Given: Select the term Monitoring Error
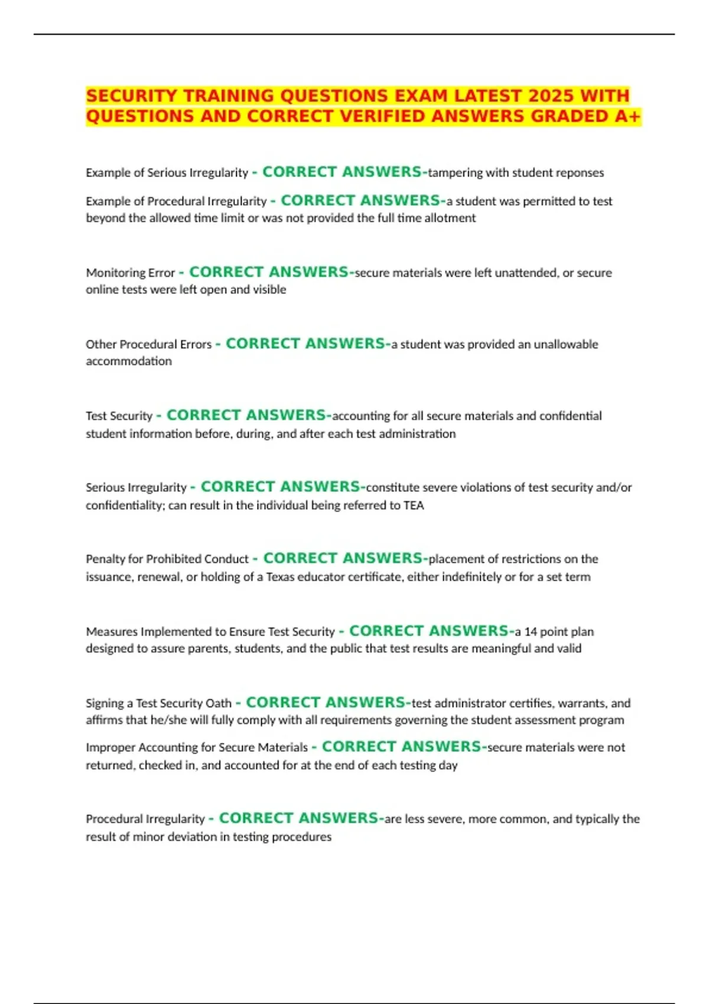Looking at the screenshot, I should (x=131, y=273).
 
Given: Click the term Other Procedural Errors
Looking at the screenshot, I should (x=148, y=344).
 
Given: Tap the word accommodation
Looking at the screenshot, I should (x=129, y=361).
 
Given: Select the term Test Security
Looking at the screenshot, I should (x=119, y=416).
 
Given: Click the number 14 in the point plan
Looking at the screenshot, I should (x=531, y=631).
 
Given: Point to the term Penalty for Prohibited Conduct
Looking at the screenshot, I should (x=167, y=559).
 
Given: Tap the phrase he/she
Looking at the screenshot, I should (x=168, y=720).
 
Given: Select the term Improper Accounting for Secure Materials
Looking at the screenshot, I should (x=197, y=748).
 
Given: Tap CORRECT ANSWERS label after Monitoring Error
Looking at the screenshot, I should (x=269, y=272).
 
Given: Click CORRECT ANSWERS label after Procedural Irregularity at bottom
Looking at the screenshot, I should (x=298, y=819).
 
